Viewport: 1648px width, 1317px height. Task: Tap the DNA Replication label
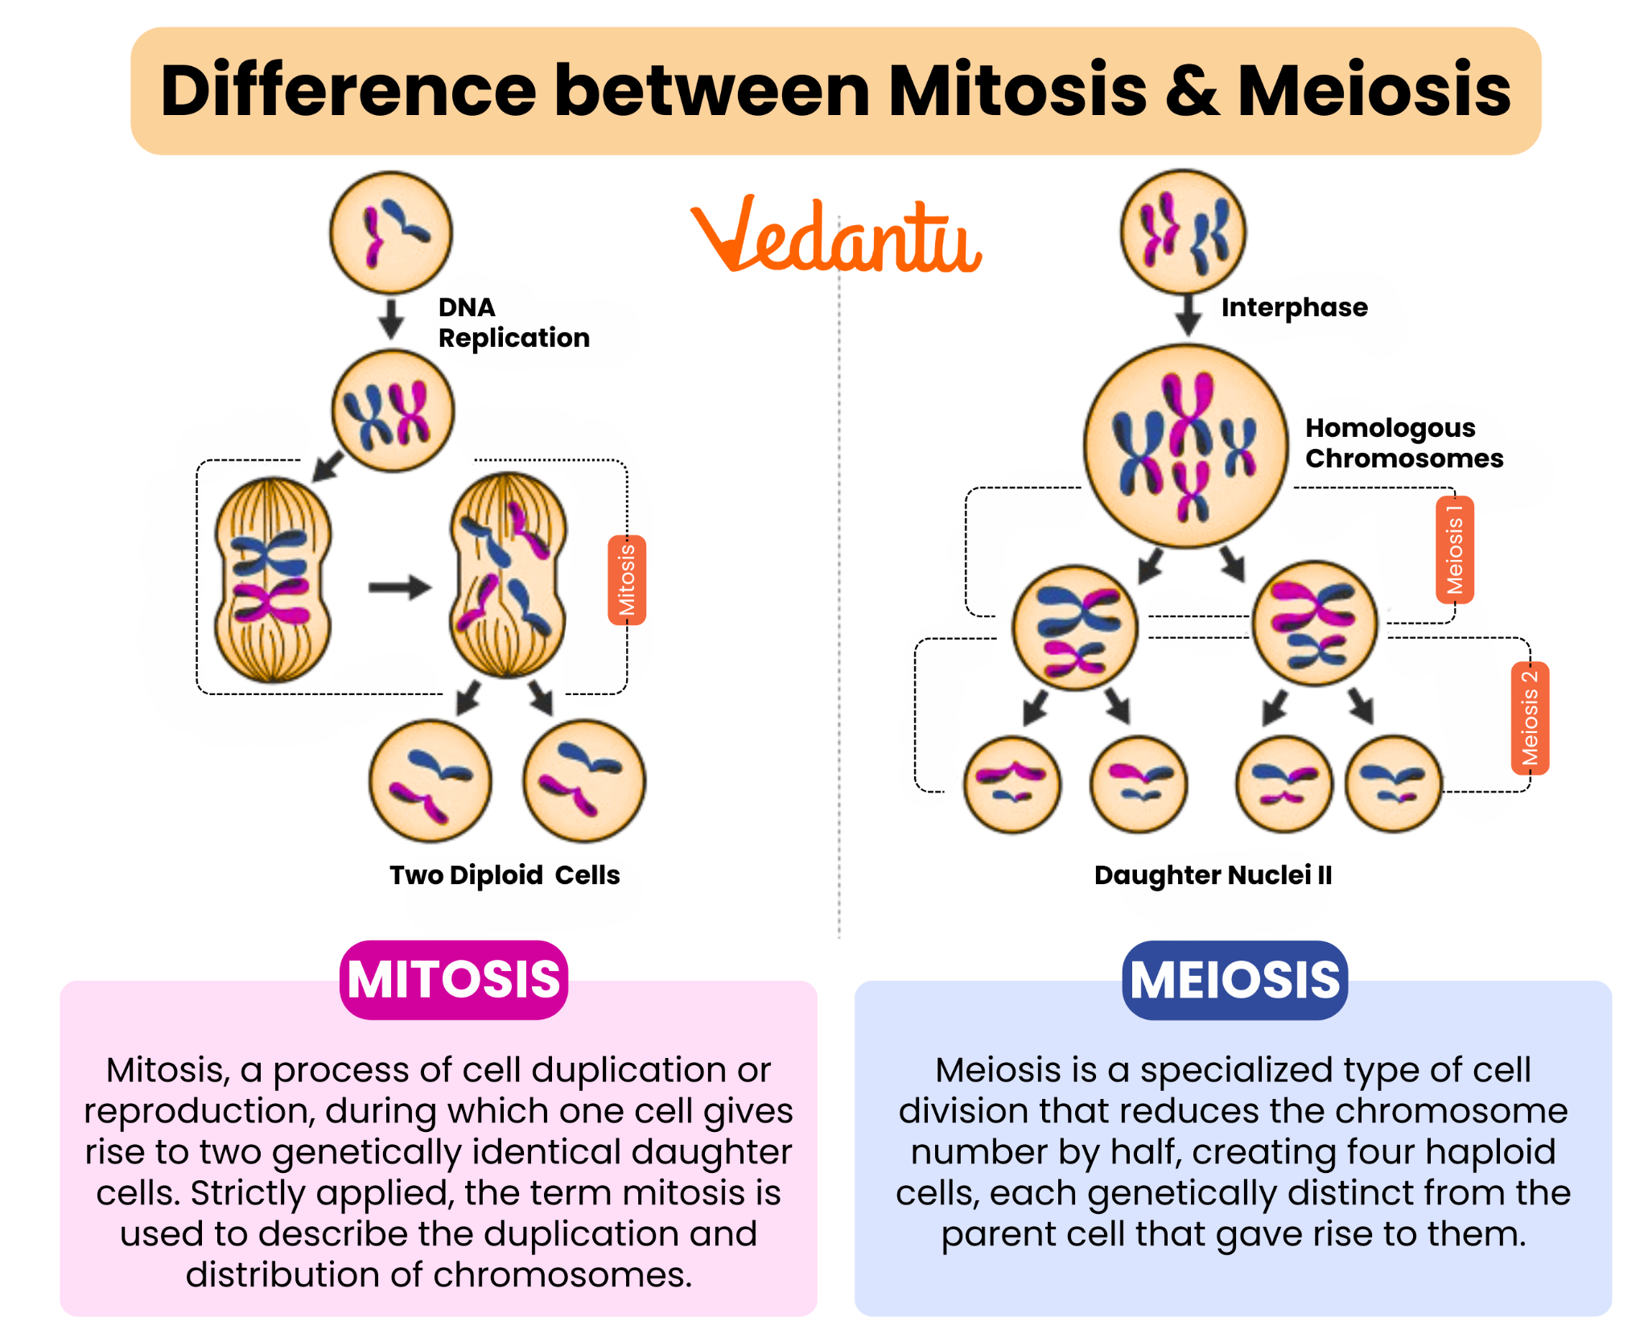tap(513, 323)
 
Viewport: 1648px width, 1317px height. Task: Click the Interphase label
tap(1294, 307)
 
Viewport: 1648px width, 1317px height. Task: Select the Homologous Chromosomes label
tap(1403, 442)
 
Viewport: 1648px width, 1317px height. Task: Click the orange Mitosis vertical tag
tap(627, 580)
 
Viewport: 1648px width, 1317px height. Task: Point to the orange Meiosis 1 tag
tap(1454, 550)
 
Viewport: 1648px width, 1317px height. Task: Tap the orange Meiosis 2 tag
tap(1529, 718)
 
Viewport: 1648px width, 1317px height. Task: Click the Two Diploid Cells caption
tap(505, 875)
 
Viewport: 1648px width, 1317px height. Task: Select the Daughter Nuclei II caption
tap(1213, 875)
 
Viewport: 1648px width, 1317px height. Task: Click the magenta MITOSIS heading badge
tap(454, 980)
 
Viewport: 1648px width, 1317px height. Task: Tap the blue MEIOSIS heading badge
tap(1234, 980)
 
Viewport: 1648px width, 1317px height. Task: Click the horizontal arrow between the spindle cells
tap(399, 587)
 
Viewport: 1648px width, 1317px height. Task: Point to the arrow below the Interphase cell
tap(1188, 315)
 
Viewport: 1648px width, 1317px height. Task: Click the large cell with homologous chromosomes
tap(1185, 447)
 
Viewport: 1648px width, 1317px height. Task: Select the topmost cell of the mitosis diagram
tap(391, 233)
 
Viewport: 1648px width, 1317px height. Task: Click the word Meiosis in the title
tap(1374, 90)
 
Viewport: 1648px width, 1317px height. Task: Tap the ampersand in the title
tap(1191, 90)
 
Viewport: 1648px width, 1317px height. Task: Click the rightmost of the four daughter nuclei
tap(1393, 784)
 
